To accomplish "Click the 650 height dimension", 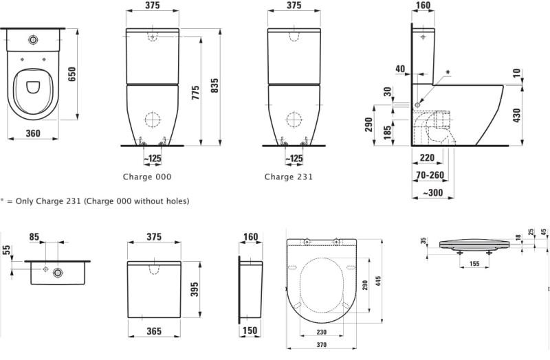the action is click(71, 74).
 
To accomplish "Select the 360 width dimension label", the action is click(33, 133).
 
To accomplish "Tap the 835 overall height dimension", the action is click(214, 85).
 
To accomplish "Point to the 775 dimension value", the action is click(196, 92).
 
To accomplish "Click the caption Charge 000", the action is click(147, 177).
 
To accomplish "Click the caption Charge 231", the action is click(288, 177).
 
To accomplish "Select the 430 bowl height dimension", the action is click(516, 115).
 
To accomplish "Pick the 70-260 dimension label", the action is click(430, 175).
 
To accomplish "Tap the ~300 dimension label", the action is click(433, 192).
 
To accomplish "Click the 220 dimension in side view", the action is click(427, 158).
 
